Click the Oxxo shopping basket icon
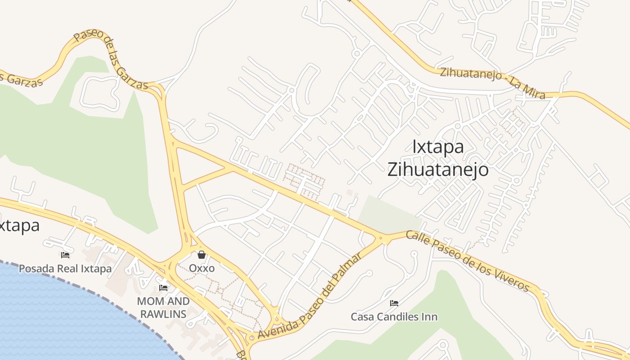coord(201,255)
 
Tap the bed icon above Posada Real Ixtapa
coord(65,255)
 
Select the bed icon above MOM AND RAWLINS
coord(163,288)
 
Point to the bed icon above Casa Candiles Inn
coord(394,303)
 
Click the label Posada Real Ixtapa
coord(65,269)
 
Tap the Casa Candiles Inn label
coord(394,317)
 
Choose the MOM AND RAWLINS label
coord(163,307)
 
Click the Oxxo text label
coord(202,268)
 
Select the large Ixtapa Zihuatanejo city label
coord(438,158)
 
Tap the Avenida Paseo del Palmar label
coord(310,297)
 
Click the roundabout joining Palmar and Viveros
coord(384,238)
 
